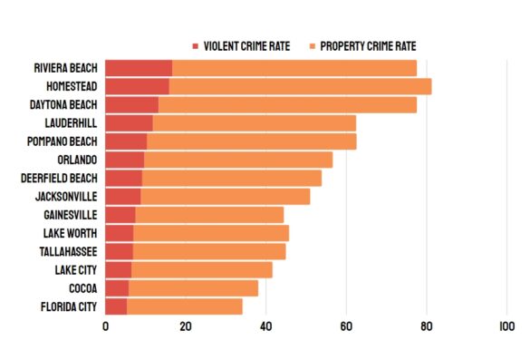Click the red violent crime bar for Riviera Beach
pos(139,68)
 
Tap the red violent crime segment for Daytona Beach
pos(131,104)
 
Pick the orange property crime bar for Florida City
pos(185,306)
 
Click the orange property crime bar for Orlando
pos(238,160)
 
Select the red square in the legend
pos(195,46)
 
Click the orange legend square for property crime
pos(312,46)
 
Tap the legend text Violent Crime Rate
pos(246,46)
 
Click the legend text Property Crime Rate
pos(367,46)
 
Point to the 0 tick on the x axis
pos(105,327)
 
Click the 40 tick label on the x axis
pos(265,327)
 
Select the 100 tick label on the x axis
pos(506,327)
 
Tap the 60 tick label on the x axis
pos(345,327)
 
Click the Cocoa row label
pos(82,288)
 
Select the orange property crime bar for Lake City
pos(202,269)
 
